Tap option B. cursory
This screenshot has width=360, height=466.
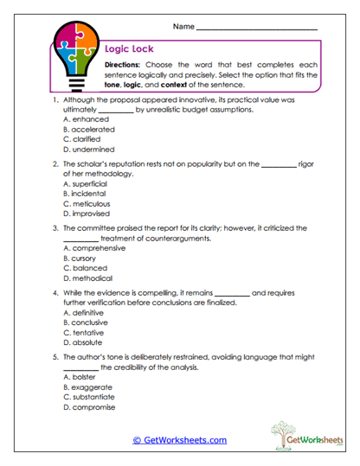tap(83, 259)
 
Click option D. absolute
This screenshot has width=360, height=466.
tap(84, 342)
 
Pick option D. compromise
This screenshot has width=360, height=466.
tap(89, 407)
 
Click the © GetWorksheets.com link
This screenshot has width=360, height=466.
tap(179, 440)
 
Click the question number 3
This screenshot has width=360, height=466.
tap(55, 228)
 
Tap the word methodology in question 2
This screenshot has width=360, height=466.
tap(116, 173)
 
